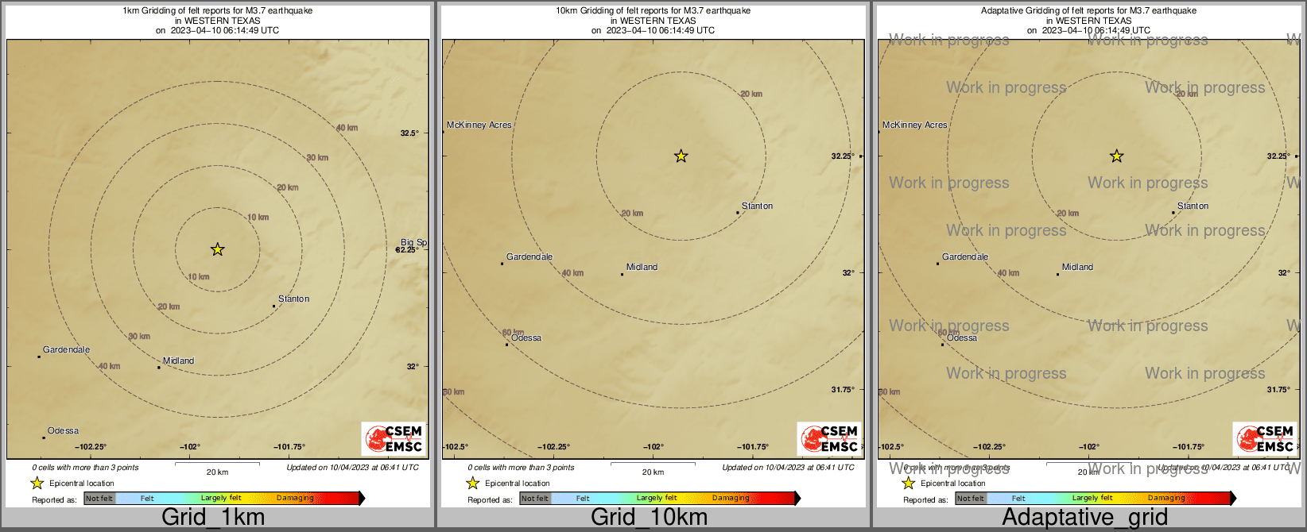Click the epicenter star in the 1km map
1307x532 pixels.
click(217, 249)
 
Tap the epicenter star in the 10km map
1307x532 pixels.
click(681, 156)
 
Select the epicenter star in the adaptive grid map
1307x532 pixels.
click(1116, 156)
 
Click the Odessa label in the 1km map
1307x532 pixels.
click(63, 431)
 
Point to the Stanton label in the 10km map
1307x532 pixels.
click(757, 206)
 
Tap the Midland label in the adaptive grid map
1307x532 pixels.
click(1077, 267)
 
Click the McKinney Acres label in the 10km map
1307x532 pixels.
click(479, 125)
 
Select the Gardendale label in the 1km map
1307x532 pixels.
click(66, 349)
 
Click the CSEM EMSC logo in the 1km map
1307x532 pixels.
click(393, 438)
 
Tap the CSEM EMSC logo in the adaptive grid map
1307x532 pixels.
click(1264, 438)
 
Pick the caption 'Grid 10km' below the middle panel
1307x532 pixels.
click(649, 517)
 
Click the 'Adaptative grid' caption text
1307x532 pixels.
click(1084, 517)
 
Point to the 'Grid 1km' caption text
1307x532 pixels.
click(213, 517)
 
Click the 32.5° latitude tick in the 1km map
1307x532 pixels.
click(409, 133)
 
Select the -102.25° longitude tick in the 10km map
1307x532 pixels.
click(553, 447)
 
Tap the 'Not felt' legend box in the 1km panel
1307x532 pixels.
click(99, 499)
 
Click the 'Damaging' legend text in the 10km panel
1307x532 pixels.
click(731, 498)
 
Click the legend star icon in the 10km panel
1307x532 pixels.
click(472, 483)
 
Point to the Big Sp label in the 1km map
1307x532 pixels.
click(413, 242)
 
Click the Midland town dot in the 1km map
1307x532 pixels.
click(158, 368)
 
